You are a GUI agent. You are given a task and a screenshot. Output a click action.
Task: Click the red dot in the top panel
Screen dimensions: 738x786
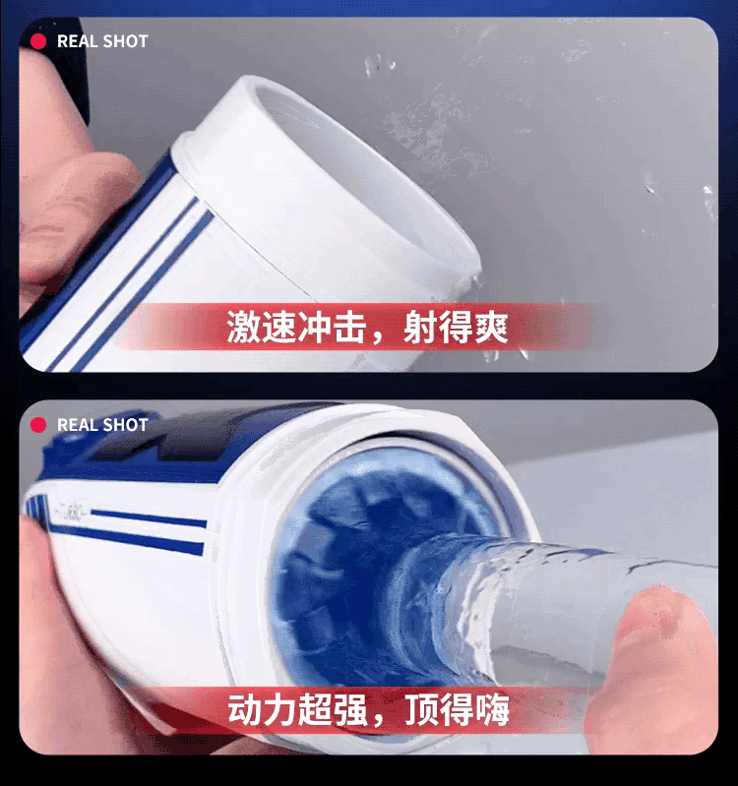tap(38, 41)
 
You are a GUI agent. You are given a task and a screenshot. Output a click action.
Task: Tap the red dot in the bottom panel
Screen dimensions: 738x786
tap(38, 425)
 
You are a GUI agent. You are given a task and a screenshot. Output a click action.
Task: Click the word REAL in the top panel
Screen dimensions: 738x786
tap(77, 41)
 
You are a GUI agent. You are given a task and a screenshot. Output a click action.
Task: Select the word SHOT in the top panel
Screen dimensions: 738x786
tap(125, 41)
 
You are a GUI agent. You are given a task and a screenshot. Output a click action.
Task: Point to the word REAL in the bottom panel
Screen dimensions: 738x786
tap(77, 425)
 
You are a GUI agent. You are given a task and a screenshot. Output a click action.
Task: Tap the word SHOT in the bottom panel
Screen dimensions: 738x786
tap(125, 425)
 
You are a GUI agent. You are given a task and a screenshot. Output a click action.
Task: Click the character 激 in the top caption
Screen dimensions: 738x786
tap(244, 327)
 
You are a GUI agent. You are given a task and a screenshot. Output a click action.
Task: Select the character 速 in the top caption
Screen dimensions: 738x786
tap(279, 327)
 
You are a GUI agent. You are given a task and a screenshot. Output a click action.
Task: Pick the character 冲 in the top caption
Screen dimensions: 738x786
tap(315, 327)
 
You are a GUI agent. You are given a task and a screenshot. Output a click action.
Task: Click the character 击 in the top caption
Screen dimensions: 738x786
tap(350, 327)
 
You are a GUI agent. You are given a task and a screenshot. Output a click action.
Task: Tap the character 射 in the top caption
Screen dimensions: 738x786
tap(420, 327)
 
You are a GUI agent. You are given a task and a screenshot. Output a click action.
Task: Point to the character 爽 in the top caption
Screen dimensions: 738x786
tap(491, 327)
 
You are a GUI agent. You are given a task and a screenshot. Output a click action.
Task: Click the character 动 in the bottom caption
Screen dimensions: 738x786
tap(245, 710)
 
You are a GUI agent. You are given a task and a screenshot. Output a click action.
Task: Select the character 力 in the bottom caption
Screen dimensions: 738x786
tap(279, 710)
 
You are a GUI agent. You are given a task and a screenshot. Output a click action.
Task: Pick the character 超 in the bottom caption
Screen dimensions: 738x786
tap(315, 710)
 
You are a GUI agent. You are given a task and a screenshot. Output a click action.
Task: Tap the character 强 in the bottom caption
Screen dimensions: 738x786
tap(350, 710)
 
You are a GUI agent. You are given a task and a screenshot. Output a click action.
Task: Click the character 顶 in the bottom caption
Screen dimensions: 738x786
tap(421, 710)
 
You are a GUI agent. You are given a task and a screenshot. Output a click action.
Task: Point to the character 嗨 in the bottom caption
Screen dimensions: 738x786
tap(492, 710)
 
